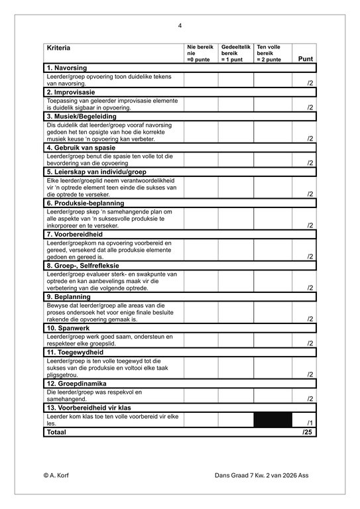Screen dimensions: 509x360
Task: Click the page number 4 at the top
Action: (x=180, y=26)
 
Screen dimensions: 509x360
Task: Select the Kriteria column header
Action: (x=58, y=48)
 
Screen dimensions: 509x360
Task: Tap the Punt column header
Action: (x=306, y=59)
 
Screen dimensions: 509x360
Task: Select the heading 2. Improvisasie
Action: (x=71, y=92)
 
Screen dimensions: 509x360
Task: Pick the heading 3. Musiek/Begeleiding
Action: (x=82, y=116)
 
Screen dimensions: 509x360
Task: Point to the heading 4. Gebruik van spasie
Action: (x=81, y=148)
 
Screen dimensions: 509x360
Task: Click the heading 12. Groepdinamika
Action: (x=76, y=384)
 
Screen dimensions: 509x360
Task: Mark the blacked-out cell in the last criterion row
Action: (x=274, y=420)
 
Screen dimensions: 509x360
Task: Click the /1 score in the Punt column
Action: (x=310, y=423)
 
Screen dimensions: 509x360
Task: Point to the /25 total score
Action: (x=307, y=432)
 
